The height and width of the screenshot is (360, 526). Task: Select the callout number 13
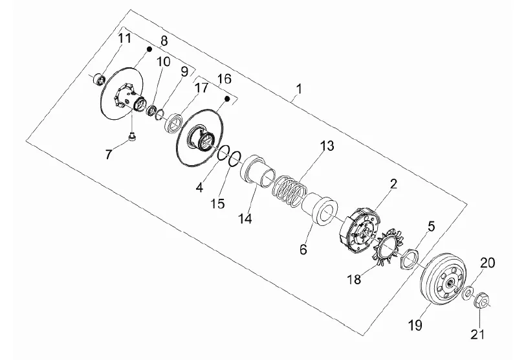click(x=327, y=146)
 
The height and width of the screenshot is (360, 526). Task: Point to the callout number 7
click(x=109, y=153)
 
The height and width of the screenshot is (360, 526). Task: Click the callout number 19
click(x=413, y=323)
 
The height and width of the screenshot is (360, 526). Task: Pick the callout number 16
click(x=223, y=79)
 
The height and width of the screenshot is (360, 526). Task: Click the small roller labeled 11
click(x=99, y=79)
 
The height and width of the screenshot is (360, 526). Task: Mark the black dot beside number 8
click(x=149, y=49)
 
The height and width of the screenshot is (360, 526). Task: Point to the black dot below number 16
click(x=227, y=98)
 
